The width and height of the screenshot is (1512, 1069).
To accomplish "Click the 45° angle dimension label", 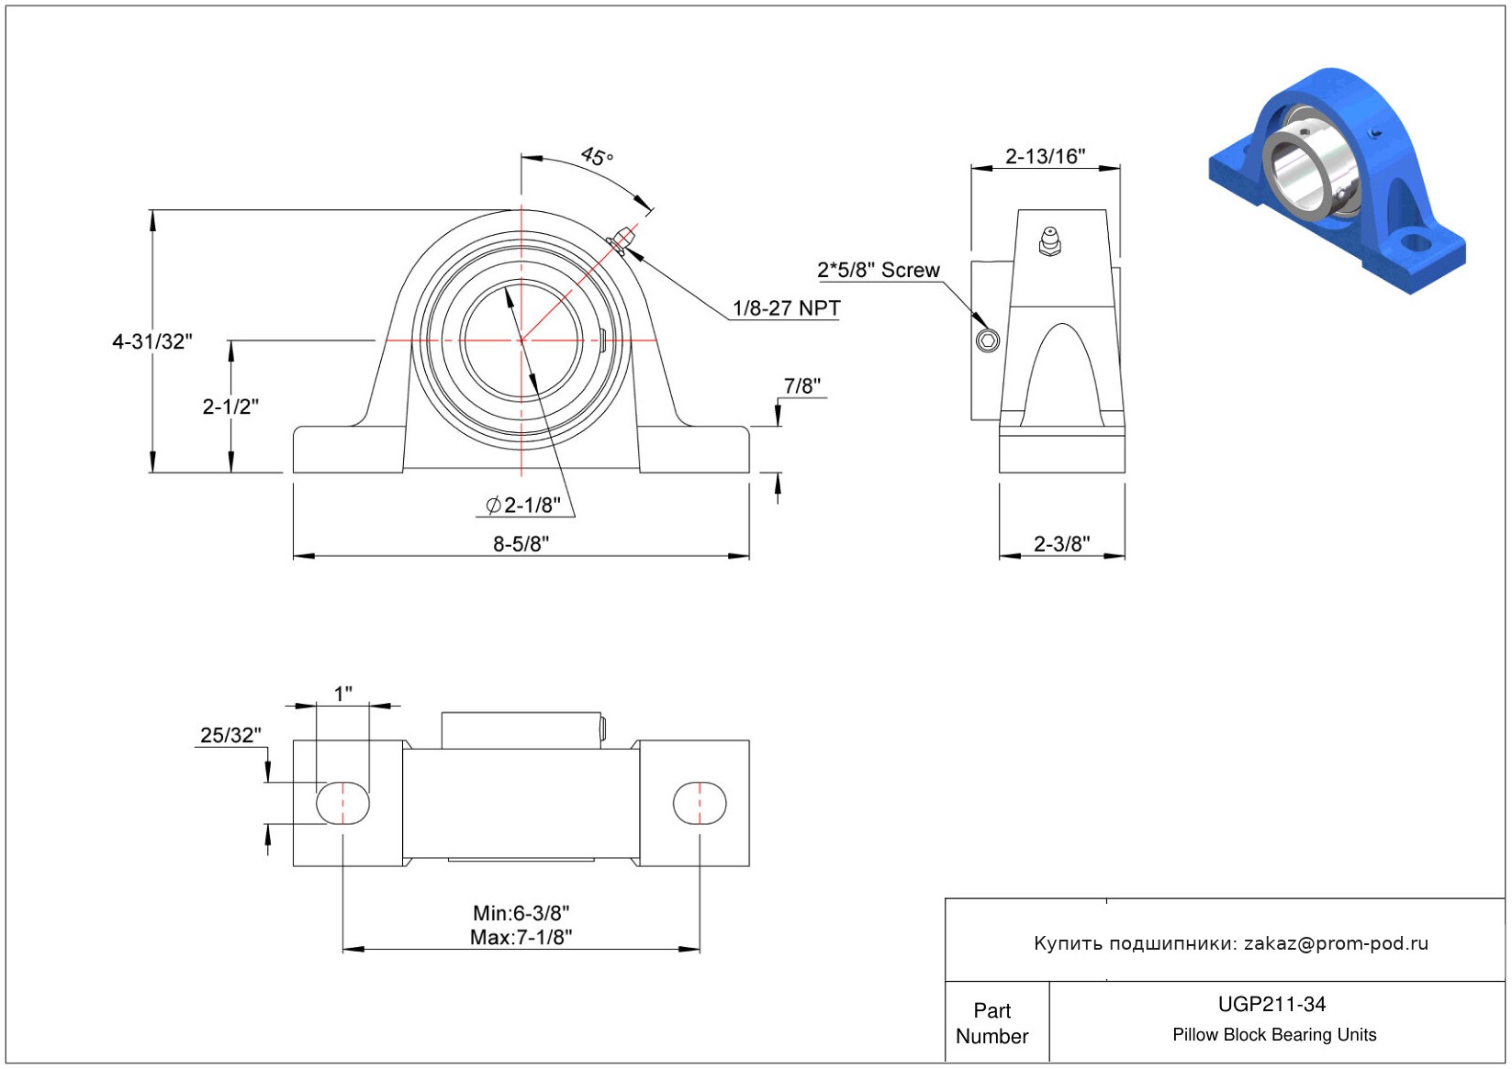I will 596,157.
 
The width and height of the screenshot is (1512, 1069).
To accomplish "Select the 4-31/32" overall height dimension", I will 151,341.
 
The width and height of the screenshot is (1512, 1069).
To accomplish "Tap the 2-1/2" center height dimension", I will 230,406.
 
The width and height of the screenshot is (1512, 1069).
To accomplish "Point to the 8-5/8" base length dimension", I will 521,543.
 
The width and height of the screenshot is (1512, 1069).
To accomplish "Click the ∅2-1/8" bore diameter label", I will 523,505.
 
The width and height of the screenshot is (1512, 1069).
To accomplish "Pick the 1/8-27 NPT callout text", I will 786,308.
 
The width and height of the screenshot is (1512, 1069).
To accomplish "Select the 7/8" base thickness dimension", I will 801,386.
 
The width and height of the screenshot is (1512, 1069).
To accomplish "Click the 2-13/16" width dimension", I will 1045,156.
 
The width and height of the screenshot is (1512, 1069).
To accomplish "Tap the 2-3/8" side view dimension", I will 1061,543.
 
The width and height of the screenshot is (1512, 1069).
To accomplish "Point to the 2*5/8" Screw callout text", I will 879,270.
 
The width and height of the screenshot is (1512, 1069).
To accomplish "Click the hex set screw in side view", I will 988,341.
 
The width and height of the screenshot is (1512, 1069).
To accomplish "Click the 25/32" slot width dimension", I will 230,735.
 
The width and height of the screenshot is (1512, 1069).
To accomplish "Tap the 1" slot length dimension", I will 342,694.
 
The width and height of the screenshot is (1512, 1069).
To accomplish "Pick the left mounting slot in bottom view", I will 342,803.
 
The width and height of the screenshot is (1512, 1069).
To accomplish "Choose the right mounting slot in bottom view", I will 700,803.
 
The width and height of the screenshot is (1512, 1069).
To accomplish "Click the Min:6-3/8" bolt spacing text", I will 521,913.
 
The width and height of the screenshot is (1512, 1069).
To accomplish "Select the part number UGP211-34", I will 1271,1004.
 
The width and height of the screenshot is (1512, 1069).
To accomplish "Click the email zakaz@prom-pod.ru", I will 1336,943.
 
